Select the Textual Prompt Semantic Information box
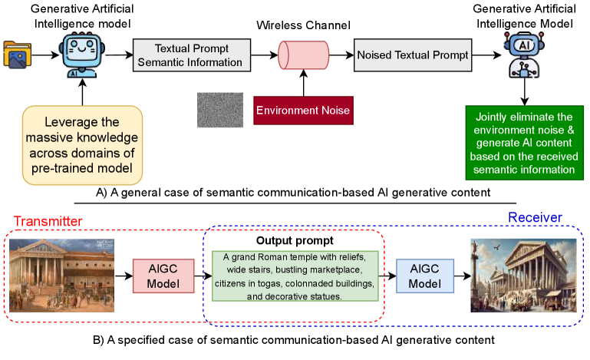188,54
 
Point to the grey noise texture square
219,109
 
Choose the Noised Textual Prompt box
411,55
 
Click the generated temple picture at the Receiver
521,276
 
